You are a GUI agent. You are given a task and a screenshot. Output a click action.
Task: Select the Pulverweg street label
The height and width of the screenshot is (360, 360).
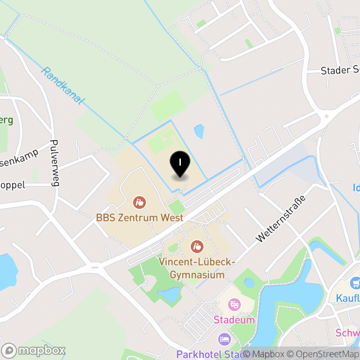56,162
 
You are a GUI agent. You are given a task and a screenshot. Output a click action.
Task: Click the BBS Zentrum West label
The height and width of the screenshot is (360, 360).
139,218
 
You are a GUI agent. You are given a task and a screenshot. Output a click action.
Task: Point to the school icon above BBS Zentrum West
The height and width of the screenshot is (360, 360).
139,202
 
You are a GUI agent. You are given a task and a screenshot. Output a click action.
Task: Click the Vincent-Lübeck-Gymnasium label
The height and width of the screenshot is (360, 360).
197,268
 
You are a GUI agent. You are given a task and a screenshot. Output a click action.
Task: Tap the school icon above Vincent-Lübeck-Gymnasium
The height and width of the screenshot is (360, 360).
197,246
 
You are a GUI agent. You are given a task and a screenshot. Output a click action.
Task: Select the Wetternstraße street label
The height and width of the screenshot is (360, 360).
280,219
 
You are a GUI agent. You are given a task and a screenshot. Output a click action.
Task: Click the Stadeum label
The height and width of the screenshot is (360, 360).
234,320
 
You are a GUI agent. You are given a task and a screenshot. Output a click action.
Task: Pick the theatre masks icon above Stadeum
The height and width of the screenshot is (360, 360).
234,305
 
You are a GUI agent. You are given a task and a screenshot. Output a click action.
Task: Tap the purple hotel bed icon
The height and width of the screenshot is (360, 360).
224,339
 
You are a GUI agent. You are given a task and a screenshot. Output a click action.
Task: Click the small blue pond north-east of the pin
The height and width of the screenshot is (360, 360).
198,131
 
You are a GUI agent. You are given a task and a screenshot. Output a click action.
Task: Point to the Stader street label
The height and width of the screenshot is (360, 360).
340,71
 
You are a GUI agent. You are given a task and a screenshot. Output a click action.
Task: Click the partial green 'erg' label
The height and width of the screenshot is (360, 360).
6,120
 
